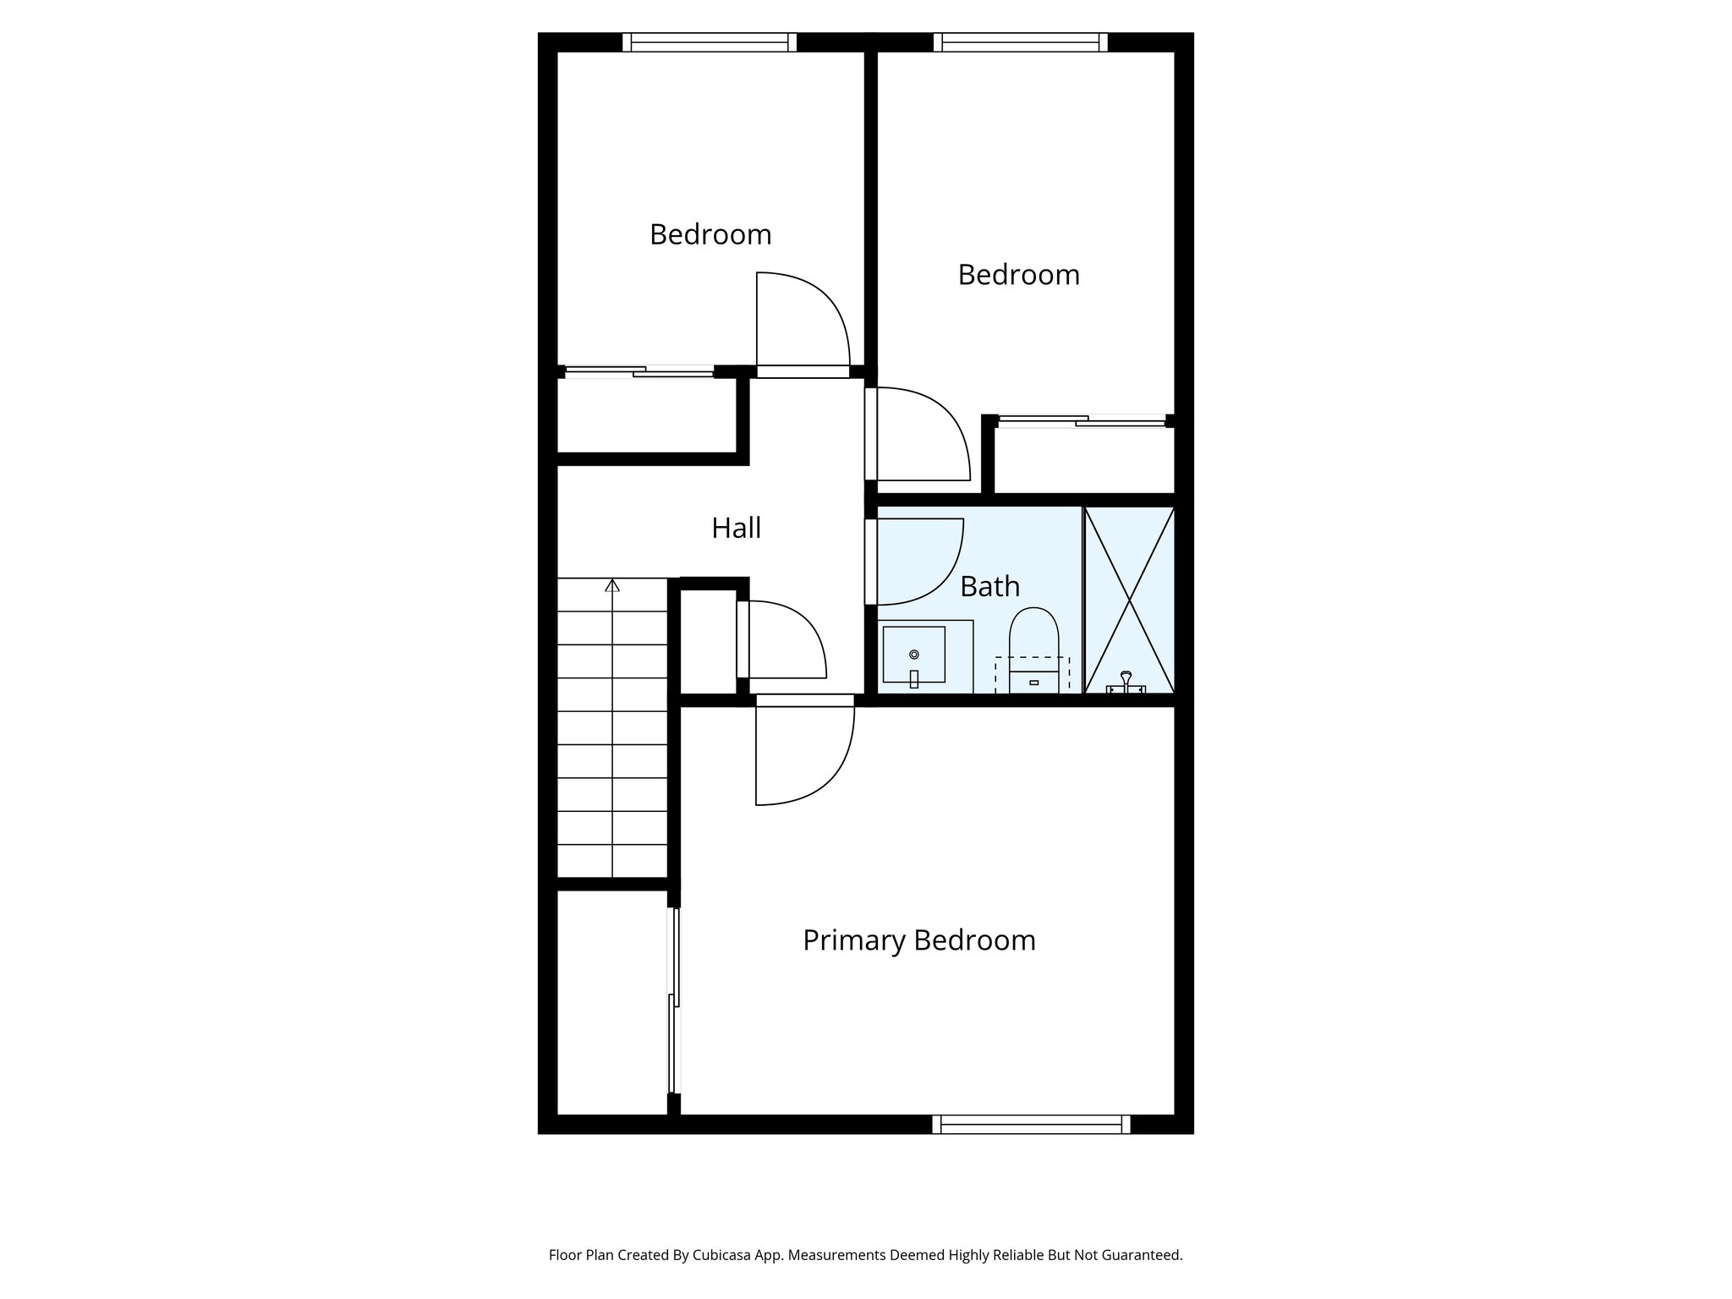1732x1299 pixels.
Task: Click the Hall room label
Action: [x=736, y=528]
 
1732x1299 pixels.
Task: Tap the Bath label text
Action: [x=989, y=586]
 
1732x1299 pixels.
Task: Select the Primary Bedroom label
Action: [x=918, y=940]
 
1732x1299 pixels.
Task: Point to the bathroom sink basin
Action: [x=913, y=655]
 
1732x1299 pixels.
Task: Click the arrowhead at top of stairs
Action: [x=612, y=584]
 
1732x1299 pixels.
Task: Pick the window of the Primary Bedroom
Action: [x=1031, y=1124]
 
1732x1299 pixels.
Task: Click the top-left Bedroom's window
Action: [x=710, y=42]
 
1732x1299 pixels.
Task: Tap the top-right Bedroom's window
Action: [x=1020, y=42]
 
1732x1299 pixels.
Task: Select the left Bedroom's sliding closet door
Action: [x=639, y=370]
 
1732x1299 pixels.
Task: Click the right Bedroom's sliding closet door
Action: [x=1082, y=420]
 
